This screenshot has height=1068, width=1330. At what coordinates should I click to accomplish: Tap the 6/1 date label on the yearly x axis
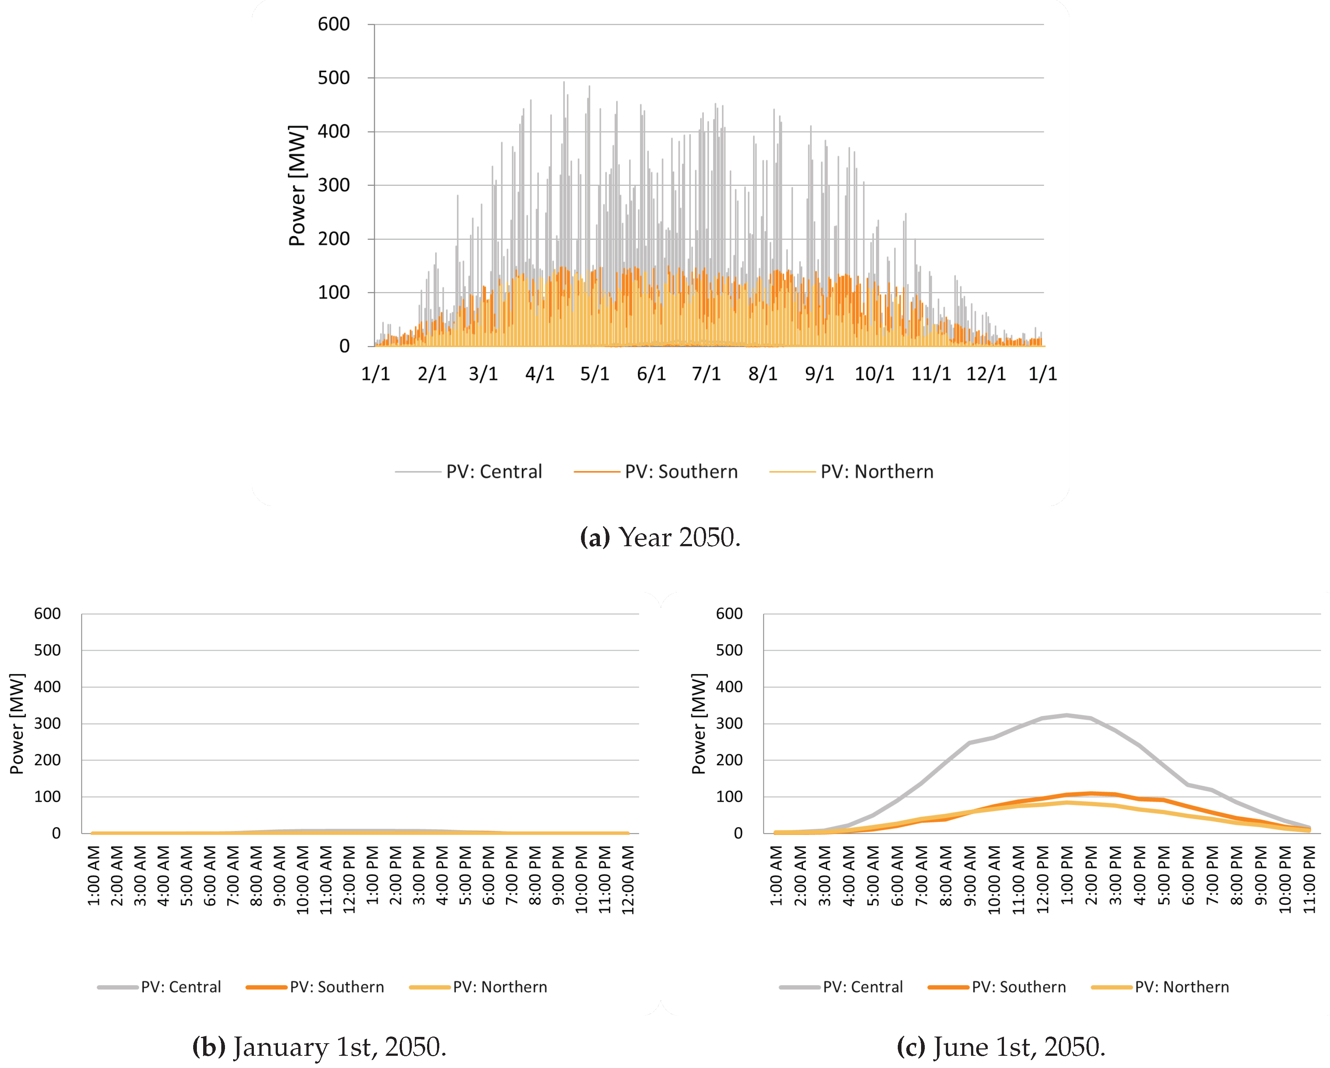651,374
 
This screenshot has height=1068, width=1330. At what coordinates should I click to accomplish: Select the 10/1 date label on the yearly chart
874,374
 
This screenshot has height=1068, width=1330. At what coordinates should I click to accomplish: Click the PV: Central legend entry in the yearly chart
494,472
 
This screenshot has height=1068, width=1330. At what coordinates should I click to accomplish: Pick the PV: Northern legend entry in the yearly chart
876,472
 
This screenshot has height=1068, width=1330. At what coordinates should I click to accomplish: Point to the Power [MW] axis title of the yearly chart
297,185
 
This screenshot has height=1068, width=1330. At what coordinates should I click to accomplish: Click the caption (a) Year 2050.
660,537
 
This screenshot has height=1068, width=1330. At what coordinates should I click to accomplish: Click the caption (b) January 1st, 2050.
319,1047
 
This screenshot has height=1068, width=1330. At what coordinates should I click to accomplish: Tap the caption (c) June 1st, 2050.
1001,1047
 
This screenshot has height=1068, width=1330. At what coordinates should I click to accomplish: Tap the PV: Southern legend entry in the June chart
1018,987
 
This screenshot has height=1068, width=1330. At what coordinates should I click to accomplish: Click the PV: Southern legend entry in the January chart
336,987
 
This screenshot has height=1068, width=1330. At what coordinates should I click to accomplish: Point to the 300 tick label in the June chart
729,723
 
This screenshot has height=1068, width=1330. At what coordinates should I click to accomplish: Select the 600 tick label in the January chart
47,614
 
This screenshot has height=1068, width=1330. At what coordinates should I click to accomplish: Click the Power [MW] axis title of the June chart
698,724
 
